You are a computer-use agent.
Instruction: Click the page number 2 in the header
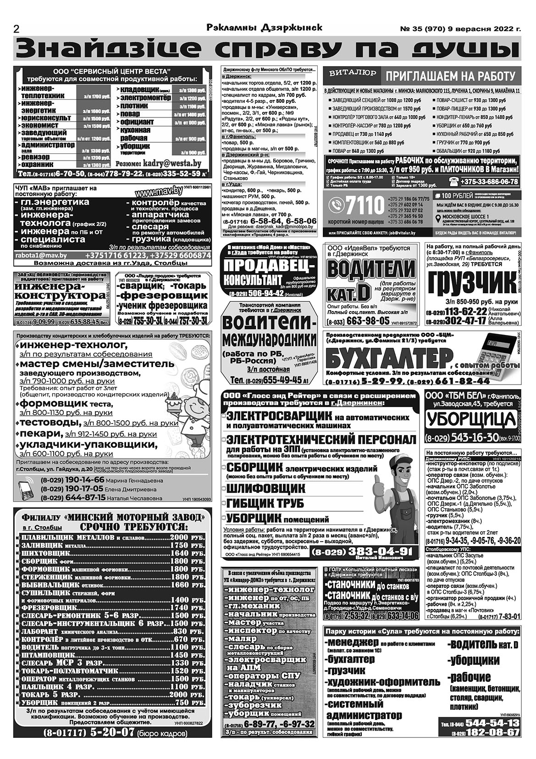(x=17, y=28)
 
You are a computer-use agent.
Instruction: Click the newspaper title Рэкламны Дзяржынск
(x=264, y=28)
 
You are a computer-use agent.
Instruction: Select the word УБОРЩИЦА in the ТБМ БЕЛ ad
(x=471, y=419)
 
